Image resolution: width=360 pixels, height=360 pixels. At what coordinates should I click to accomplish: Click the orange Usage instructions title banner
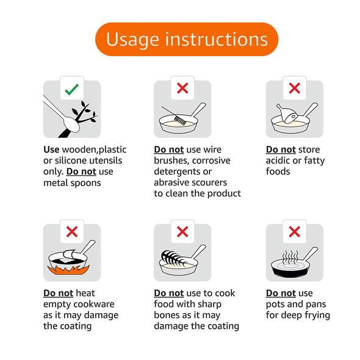coord(186,39)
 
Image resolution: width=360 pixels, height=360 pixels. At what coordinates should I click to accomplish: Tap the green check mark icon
coord(71,89)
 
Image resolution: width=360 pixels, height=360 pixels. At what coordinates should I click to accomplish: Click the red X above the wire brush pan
coord(182,89)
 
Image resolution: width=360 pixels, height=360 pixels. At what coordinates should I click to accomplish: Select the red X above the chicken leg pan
coord(294,89)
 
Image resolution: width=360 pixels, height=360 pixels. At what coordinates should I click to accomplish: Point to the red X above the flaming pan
coord(71,232)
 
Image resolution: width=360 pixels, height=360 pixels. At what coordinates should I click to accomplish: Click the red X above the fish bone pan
coord(182,232)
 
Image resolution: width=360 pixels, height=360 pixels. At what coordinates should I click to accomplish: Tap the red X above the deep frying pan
coord(294,232)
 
